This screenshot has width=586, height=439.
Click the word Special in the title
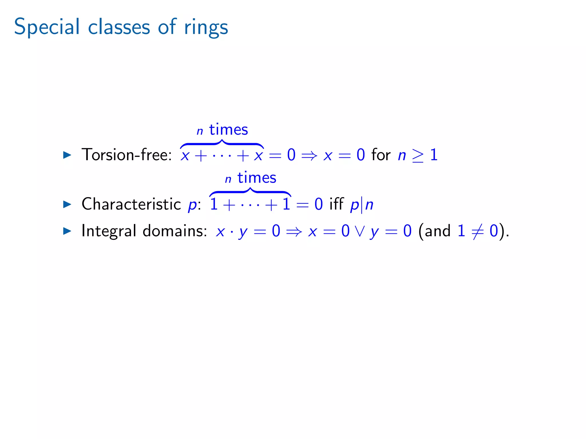point(47,27)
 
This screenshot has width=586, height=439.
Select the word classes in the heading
point(119,27)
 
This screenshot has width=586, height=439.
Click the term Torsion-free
point(126,155)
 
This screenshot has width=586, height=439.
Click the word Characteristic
point(131,204)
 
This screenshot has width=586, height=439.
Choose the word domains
point(175,231)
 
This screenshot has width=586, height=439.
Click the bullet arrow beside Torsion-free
point(67,155)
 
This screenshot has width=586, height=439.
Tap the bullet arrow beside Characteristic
point(67,204)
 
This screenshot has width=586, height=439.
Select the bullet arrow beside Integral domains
point(67,231)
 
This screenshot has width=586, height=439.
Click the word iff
point(336,204)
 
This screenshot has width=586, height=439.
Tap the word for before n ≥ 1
point(381,155)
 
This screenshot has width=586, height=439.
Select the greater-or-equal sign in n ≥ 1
point(418,156)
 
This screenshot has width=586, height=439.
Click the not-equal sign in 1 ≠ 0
point(478,231)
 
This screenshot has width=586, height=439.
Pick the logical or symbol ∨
point(360,231)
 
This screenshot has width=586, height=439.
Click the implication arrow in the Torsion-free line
point(309,155)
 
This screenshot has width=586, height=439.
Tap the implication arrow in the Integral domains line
point(294,232)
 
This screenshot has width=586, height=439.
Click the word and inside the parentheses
point(437,231)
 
